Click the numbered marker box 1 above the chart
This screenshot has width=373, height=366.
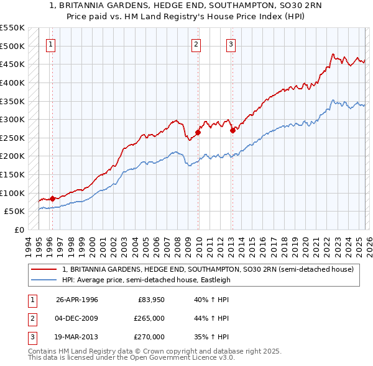50,44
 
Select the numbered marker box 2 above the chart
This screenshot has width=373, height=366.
196,44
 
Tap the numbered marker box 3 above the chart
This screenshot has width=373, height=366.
231,44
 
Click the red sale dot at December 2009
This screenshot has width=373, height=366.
198,132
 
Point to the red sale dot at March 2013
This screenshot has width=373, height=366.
233,130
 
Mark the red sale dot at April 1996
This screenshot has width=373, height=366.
52,199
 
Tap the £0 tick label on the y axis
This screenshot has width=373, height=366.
19,230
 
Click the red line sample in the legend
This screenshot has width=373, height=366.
44,269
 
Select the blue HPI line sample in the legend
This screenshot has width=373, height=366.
44,280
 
